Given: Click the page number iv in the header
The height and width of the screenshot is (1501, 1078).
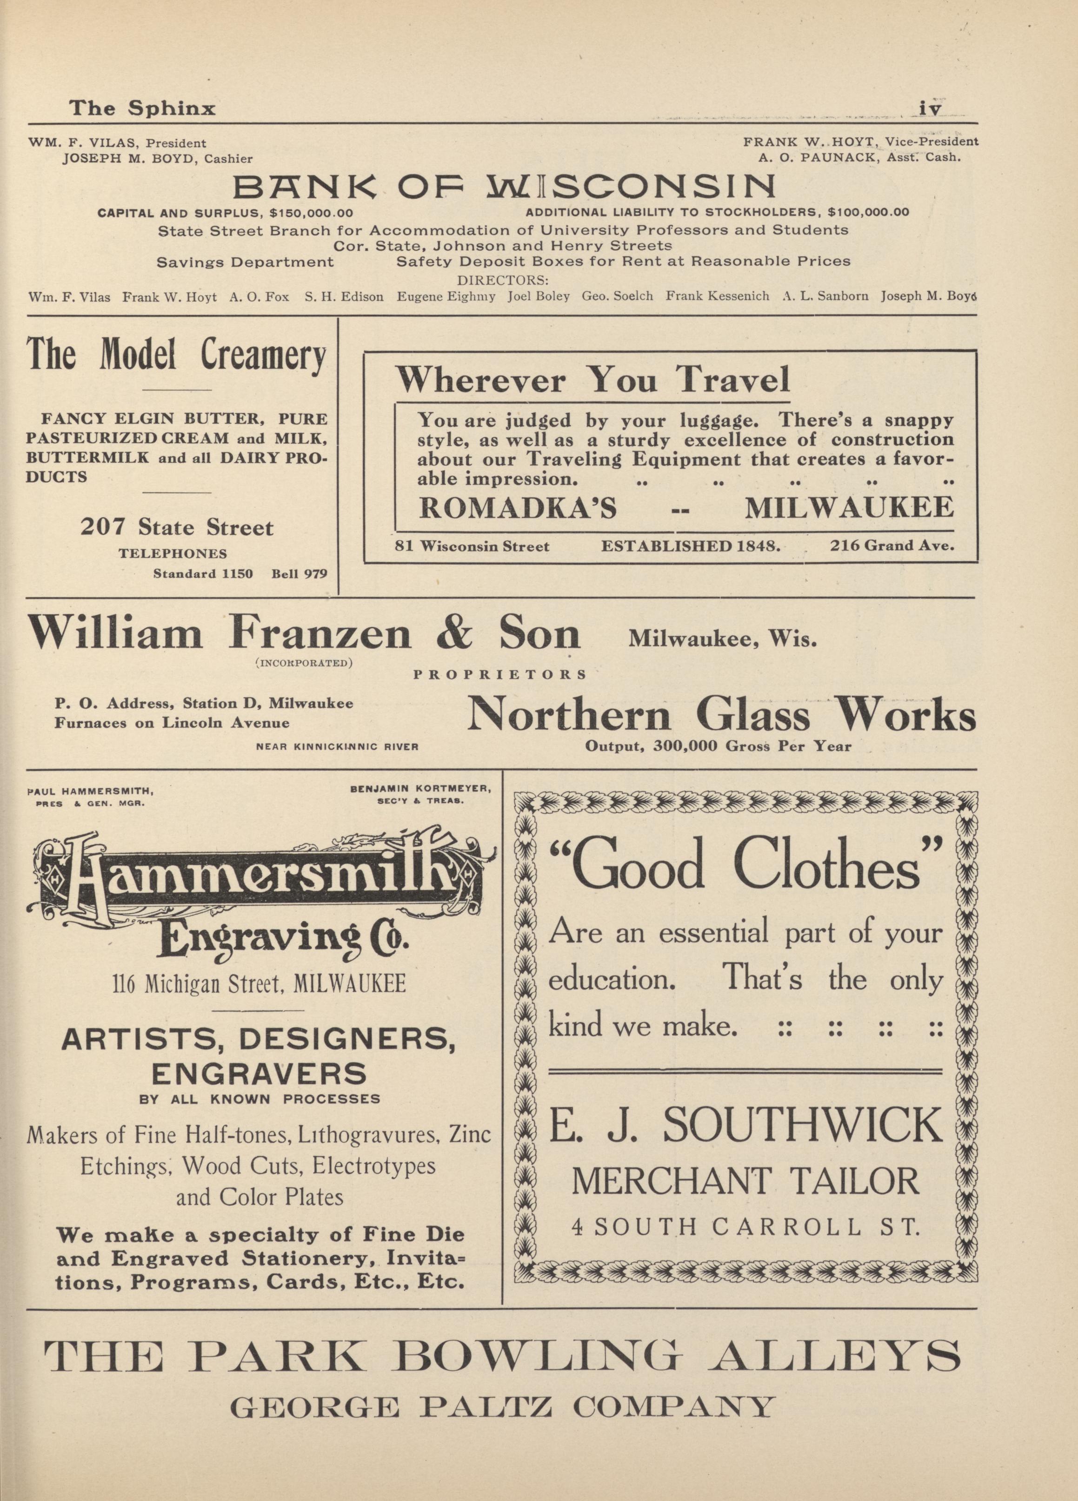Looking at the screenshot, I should pos(929,108).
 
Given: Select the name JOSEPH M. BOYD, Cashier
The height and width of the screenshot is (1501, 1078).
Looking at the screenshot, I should pos(157,158).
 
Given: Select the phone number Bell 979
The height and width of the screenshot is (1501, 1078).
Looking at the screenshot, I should pos(299,574).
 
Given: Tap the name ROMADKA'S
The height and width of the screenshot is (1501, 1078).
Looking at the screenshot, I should pos(518,508).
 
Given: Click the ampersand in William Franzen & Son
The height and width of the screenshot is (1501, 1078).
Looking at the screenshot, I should pos(454,634).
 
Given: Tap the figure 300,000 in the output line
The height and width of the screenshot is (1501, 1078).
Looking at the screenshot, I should pos(686,747).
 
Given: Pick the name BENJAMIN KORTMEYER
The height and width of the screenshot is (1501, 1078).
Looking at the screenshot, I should pos(419,789).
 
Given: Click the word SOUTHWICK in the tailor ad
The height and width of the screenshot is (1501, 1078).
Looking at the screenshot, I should pos(802,1124).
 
